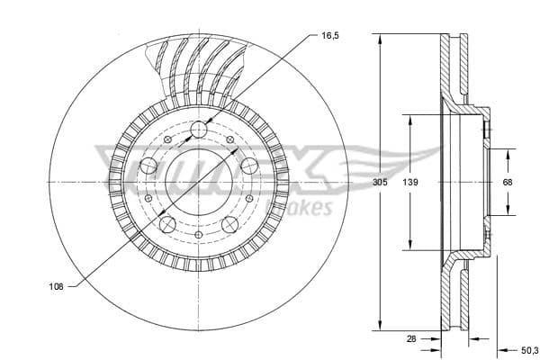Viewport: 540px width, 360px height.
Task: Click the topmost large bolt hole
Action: [x=198, y=130]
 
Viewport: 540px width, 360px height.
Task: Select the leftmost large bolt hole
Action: [x=148, y=166]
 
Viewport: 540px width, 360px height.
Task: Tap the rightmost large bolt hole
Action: [x=248, y=166]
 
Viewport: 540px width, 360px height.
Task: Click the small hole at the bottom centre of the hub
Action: [x=198, y=237]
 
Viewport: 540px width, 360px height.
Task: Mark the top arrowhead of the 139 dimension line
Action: [x=410, y=118]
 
